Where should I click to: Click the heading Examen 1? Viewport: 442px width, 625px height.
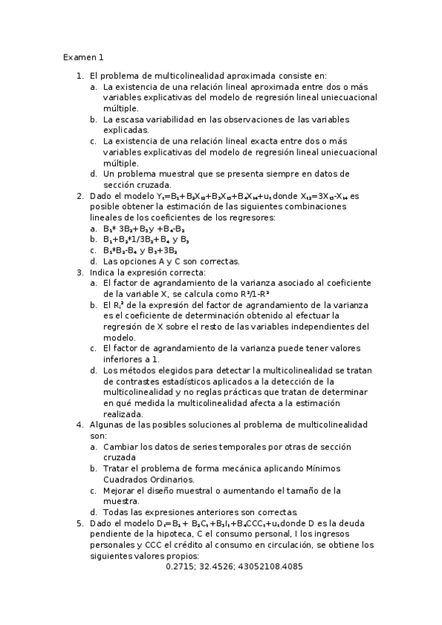pos(83,57)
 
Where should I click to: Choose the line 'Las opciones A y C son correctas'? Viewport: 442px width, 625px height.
pos(171,261)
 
